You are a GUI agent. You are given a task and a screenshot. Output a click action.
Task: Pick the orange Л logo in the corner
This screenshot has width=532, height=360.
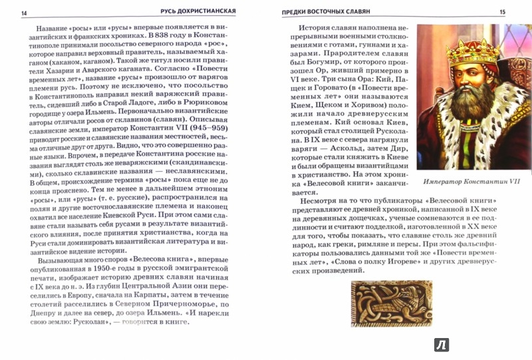click(441, 344)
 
